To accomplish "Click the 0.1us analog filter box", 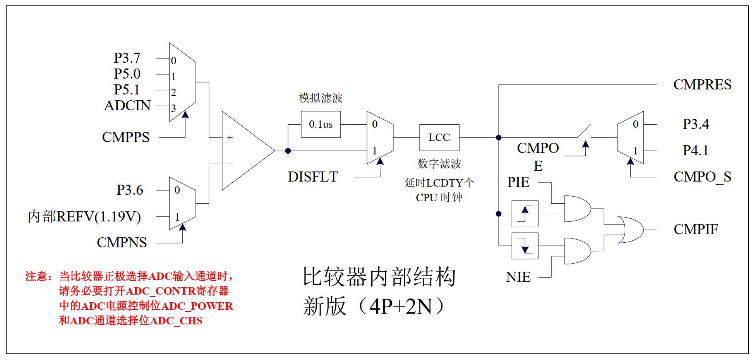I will pos(321,124).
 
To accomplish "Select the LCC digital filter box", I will pos(439,137).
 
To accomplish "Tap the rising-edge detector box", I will pos(525,214).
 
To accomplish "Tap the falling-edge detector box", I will pos(525,246).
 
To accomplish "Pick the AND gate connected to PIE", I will pos(577,209).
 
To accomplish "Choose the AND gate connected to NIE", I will pos(577,251).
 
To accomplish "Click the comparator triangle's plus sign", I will pos(230,137).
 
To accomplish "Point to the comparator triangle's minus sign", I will pos(230,164).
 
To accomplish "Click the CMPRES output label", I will pos(702,85).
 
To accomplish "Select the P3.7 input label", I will pos(127,58).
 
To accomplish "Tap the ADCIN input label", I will pos(127,106).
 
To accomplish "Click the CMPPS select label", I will pos(125,137).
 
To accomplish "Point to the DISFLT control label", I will pos(312,177).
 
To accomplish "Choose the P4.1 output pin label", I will pos(695,151).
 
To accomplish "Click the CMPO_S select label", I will pos(702,177).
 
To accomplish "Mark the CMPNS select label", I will pos(122,243).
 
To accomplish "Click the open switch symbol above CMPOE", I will pos(584,132).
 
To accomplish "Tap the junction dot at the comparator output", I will pos(288,151).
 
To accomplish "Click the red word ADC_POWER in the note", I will pos(197,306).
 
